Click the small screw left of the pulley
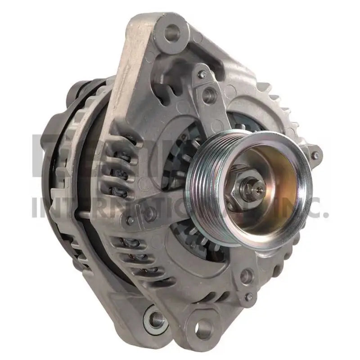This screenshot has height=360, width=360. pyautogui.click(x=131, y=220)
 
